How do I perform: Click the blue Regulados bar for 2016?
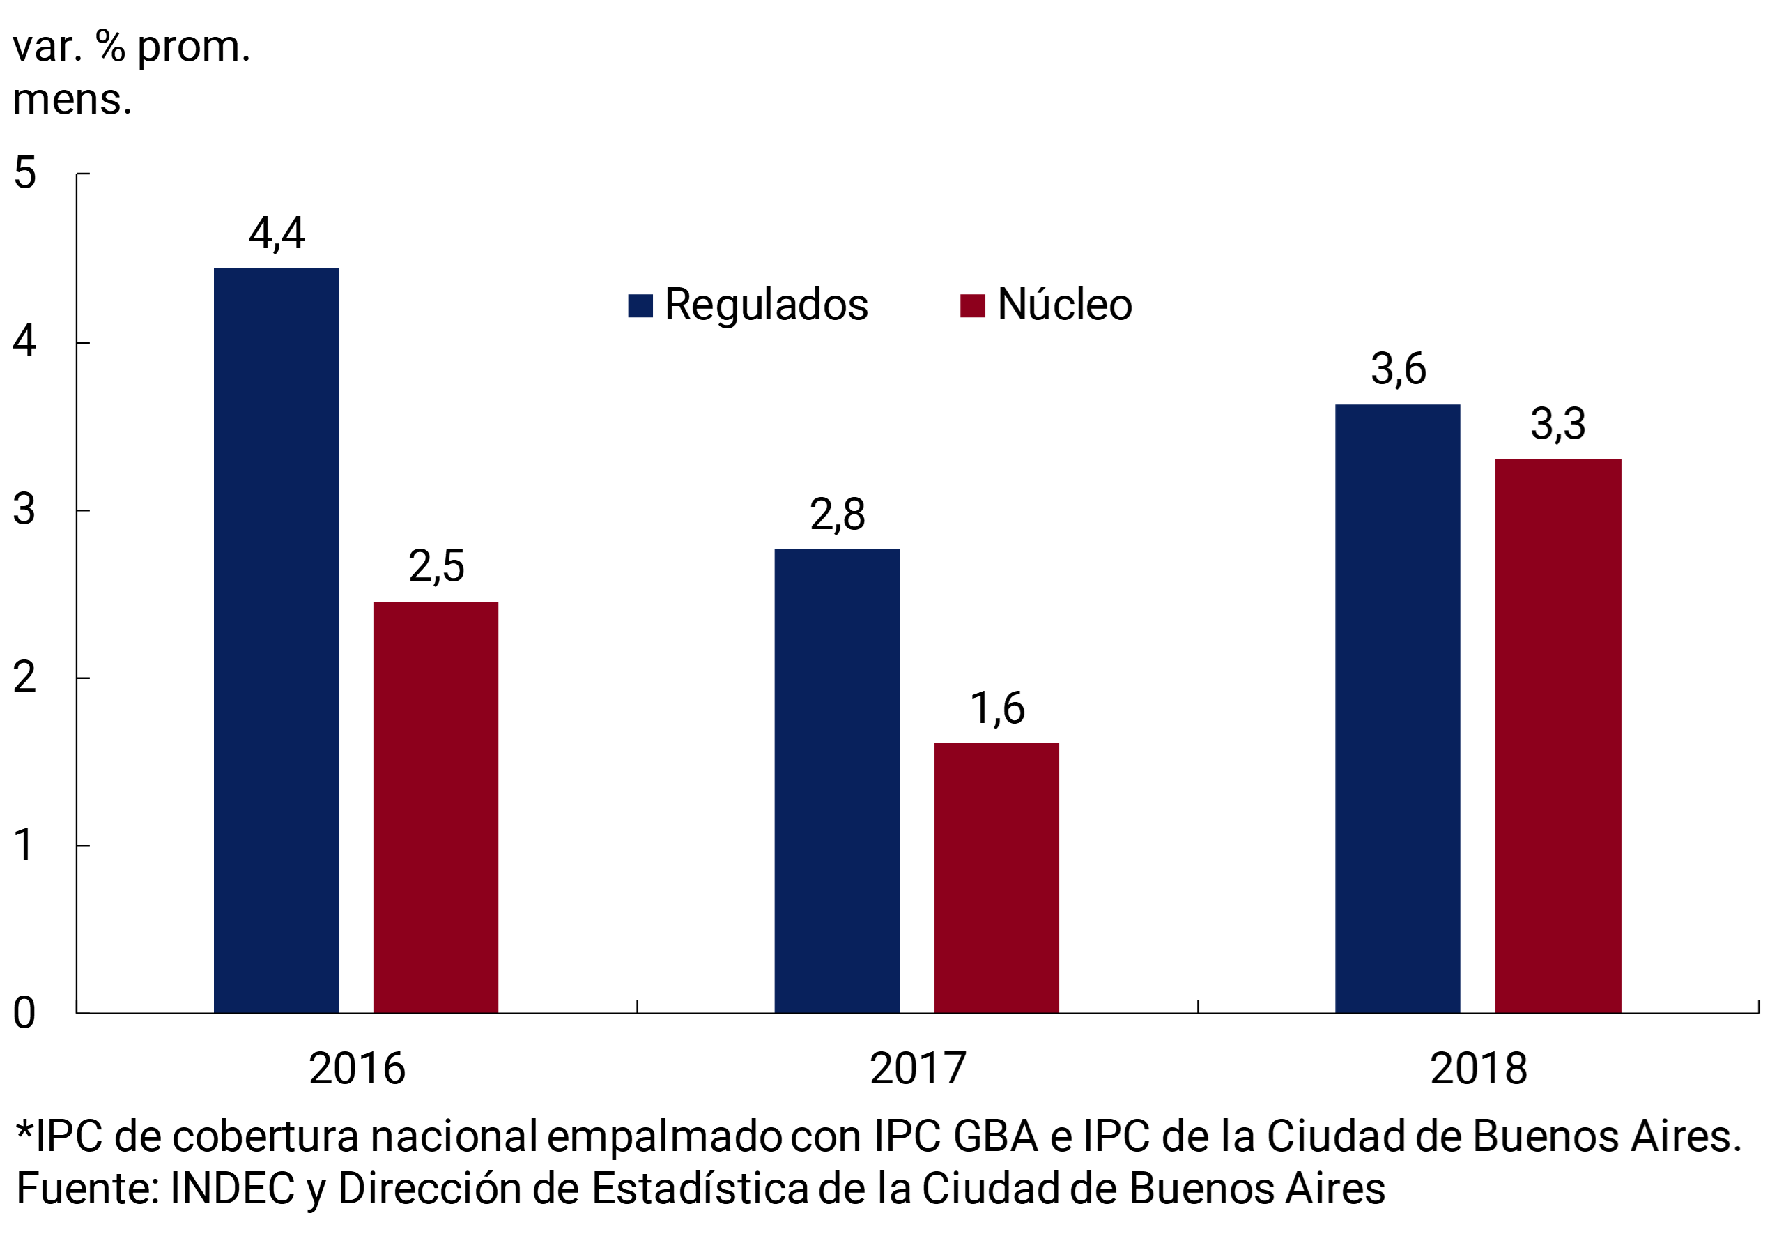point(276,640)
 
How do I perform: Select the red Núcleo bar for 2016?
point(436,807)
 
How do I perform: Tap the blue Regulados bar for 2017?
point(836,780)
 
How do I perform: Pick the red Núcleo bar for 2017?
point(996,878)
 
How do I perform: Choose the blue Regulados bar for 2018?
point(1397,708)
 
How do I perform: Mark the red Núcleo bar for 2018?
point(1557,735)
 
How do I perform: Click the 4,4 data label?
point(276,233)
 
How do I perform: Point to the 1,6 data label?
point(996,708)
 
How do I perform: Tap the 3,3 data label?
point(1557,424)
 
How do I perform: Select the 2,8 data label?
point(837,514)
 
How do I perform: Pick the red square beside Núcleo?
point(972,305)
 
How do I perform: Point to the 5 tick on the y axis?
point(24,173)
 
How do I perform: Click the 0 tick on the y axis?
point(24,1012)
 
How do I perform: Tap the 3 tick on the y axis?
point(24,510)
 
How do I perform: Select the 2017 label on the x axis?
point(917,1069)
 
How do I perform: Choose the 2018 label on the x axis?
point(1478,1069)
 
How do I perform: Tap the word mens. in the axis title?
point(72,100)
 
